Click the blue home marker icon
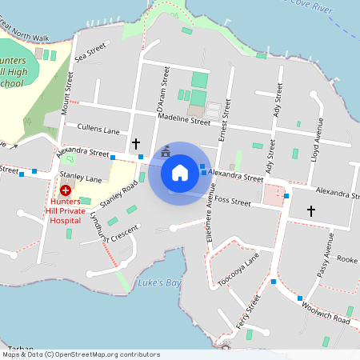pyautogui.click(x=180, y=173)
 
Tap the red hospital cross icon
pyautogui.click(x=65, y=191)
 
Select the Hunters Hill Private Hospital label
pyautogui.click(x=65, y=211)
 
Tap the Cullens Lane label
pyautogui.click(x=98, y=129)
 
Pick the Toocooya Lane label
pyautogui.click(x=238, y=270)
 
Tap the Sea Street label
pyautogui.click(x=90, y=54)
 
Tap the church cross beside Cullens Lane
pyautogui.click(x=136, y=143)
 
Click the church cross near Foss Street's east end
pyautogui.click(x=311, y=210)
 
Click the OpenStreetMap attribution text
pyautogui.click(x=80, y=354)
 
